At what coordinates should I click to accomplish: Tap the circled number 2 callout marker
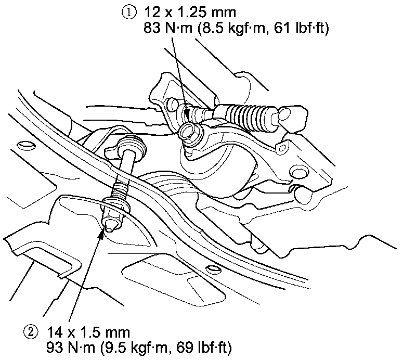31,331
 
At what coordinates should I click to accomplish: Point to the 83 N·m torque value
165,29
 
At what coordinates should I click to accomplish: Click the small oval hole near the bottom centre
211,268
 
